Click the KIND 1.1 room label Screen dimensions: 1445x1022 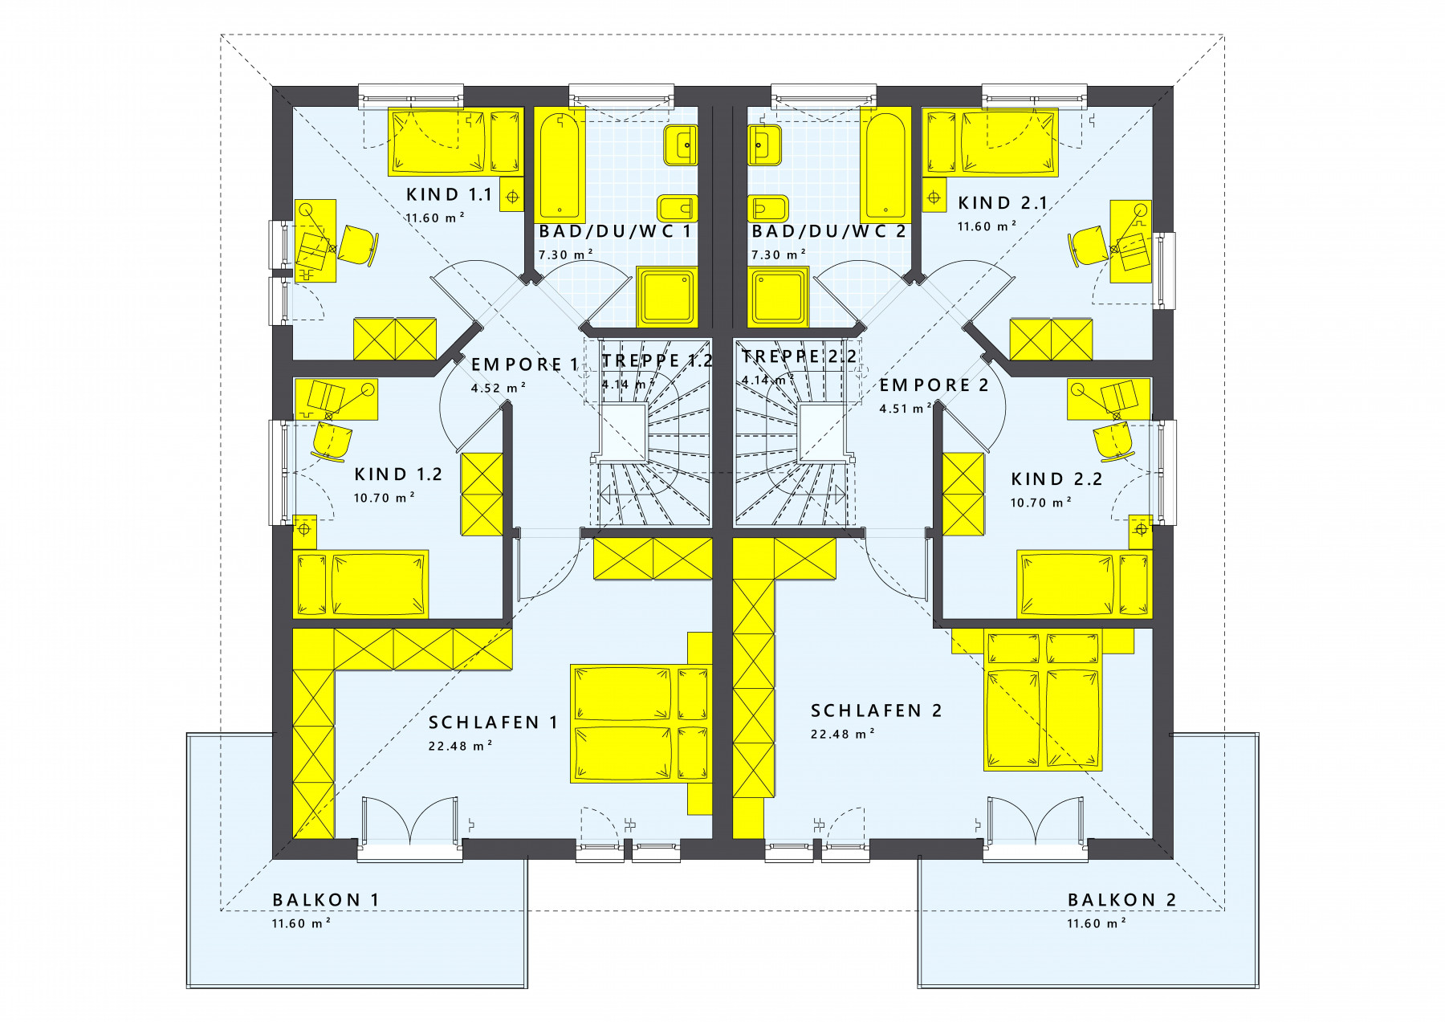[x=449, y=194]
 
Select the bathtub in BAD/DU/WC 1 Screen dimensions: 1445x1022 [x=560, y=165]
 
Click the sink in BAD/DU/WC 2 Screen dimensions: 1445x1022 [x=764, y=145]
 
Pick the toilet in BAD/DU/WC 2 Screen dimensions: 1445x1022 [x=767, y=209]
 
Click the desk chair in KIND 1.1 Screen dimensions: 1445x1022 [x=356, y=245]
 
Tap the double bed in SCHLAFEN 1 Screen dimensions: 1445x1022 [x=640, y=723]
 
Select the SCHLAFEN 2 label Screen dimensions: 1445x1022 [x=876, y=711]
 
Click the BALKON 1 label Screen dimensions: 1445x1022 [x=325, y=899]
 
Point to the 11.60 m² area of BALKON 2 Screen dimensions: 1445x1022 [x=1096, y=923]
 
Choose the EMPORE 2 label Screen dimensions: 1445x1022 [x=934, y=385]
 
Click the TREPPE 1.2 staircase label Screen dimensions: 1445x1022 [x=657, y=360]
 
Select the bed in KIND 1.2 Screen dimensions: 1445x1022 [x=361, y=584]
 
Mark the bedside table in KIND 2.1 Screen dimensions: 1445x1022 [x=934, y=196]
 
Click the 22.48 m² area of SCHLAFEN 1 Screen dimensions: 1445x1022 [x=460, y=746]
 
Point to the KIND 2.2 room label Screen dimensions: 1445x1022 [x=1056, y=479]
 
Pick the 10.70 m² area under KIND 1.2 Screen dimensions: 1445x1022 [x=384, y=498]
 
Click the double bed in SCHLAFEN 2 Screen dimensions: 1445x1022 [x=1043, y=699]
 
